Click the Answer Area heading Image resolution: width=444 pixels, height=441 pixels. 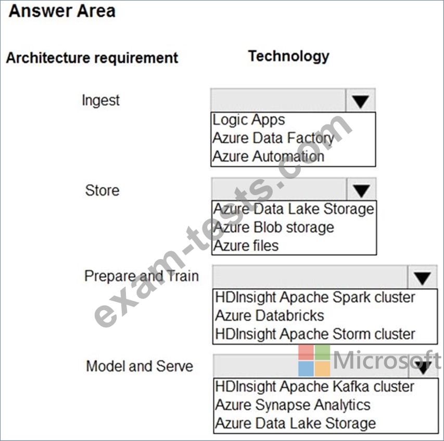62,11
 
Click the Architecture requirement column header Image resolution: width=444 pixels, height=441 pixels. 92,58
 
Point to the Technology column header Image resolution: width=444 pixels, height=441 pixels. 288,56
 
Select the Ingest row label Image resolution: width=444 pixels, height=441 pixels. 100,101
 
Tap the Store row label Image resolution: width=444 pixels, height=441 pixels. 102,190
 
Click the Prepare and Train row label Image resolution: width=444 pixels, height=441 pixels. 142,276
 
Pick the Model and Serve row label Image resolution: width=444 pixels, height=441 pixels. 139,366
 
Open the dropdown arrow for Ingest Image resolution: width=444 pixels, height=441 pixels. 361,101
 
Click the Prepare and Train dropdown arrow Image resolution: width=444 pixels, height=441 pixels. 423,277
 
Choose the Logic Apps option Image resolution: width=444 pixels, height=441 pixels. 249,120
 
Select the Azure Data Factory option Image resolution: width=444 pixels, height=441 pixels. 273,138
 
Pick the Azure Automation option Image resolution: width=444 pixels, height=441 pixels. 268,156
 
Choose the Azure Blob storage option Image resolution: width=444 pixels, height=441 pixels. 274,227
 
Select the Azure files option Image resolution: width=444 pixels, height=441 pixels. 246,246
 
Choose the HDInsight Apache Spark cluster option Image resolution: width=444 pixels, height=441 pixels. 315,298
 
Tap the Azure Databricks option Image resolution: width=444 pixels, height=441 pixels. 270,316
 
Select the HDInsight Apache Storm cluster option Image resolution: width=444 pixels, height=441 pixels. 315,334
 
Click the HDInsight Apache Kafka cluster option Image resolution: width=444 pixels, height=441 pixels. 314,386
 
